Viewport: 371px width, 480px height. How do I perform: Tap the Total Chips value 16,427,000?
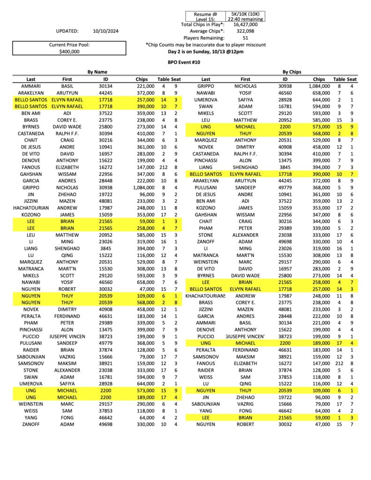244,24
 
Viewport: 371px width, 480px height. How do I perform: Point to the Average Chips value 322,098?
244,31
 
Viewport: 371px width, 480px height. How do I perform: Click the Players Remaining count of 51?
244,38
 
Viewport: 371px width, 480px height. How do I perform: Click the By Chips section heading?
292,72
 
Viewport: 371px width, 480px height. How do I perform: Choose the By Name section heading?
98,72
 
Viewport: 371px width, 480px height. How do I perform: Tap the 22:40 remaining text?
245,19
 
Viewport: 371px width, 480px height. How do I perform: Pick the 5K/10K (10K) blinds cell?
245,14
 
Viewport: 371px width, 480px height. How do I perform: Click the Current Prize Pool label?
69,45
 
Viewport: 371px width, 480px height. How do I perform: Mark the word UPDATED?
67,31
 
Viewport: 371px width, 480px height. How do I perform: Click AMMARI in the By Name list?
31,86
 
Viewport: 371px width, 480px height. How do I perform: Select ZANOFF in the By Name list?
31,424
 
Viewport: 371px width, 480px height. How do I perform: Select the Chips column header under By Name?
142,80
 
